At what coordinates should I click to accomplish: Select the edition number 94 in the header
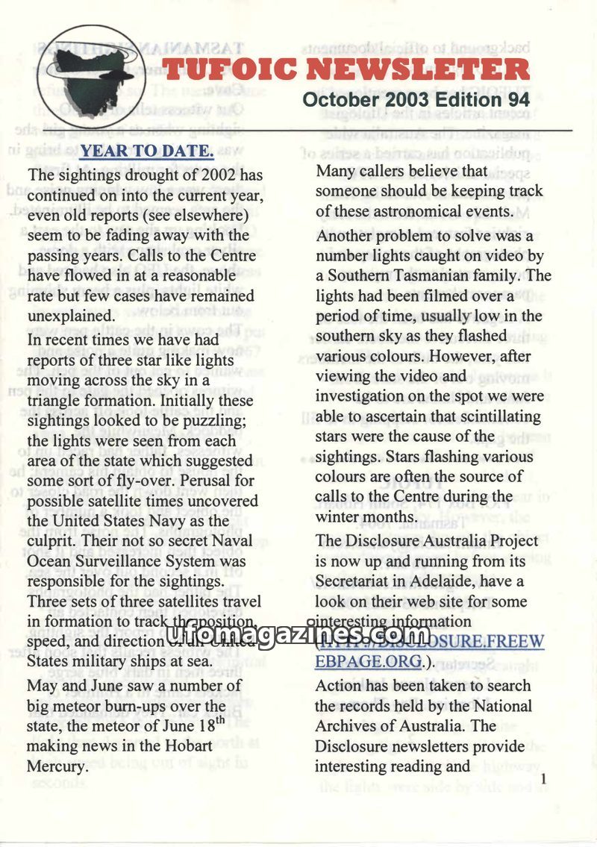click(x=518, y=99)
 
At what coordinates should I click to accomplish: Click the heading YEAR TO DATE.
click(x=147, y=151)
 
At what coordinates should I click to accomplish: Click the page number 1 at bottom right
click(x=544, y=780)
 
